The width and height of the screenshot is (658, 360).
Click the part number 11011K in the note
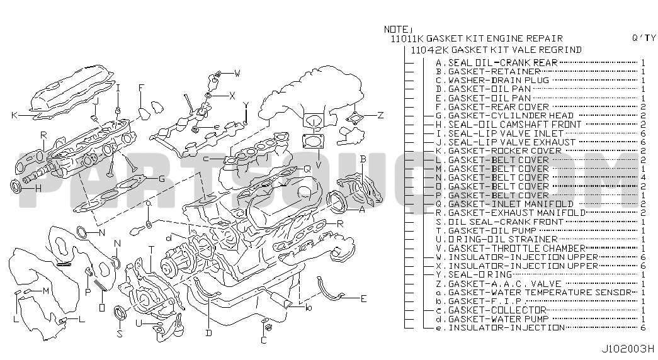pos(407,39)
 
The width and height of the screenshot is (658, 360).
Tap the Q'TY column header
pos(643,38)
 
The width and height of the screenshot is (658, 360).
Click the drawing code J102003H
pos(627,348)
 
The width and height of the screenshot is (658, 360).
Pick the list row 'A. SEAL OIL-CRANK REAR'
pos(497,62)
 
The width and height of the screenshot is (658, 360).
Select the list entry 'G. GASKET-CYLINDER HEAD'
pos(504,115)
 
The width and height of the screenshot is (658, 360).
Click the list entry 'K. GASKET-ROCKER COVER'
pos(498,151)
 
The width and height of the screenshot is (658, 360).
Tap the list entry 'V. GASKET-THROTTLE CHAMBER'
pos(510,248)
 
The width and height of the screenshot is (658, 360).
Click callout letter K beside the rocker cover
pos(14,115)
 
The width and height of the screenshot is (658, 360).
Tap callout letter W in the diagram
pos(237,74)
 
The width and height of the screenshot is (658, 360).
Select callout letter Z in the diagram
pos(380,115)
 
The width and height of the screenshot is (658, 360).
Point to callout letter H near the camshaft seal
pos(38,188)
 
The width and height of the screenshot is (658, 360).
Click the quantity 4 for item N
pos(643,177)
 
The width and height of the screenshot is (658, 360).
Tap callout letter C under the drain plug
pos(264,340)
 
